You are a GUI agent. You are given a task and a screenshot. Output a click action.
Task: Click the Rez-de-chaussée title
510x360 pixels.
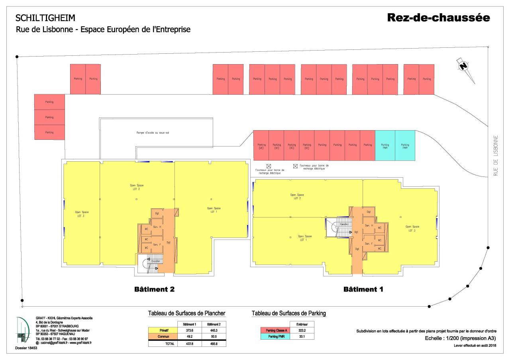[438, 18]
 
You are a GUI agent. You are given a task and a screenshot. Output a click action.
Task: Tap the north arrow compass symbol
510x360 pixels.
[463, 66]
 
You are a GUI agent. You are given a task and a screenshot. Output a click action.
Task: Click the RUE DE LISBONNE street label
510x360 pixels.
[496, 155]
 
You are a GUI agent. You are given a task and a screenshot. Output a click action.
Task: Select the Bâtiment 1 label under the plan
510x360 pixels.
[363, 290]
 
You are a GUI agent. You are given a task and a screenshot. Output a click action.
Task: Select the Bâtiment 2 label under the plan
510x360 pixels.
[154, 290]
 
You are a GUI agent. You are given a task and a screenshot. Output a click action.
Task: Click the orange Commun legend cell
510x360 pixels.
[161, 337]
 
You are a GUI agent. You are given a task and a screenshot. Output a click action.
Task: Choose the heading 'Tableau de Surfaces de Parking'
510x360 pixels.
[288, 313]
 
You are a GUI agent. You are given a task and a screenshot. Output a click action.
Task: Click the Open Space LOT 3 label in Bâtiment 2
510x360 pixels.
[82, 214]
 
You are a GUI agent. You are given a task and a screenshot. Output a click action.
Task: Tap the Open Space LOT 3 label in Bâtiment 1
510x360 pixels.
[412, 228]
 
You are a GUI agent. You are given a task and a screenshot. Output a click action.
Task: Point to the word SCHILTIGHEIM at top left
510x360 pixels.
[45, 18]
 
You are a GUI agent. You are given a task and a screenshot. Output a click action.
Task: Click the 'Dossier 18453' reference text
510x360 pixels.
[26, 348]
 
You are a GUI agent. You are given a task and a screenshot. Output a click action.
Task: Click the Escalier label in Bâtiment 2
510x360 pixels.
[155, 261]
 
